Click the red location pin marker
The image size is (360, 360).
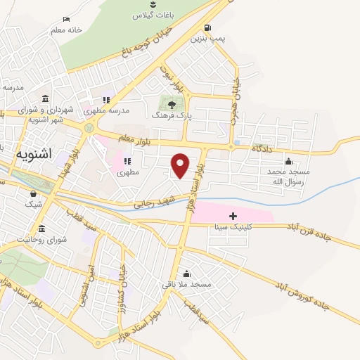coord(181,165)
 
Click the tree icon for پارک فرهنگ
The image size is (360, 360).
coord(172,104)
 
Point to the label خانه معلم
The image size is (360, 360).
coord(66,30)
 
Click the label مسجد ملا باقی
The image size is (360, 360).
coord(186,284)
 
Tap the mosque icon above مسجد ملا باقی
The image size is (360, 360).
coord(186,274)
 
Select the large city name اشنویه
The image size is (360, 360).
coord(34,152)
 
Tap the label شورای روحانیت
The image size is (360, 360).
coord(42,239)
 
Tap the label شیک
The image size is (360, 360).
coord(33,204)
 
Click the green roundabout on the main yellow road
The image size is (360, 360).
coord(89,129)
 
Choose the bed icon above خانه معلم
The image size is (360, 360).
coord(66,20)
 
